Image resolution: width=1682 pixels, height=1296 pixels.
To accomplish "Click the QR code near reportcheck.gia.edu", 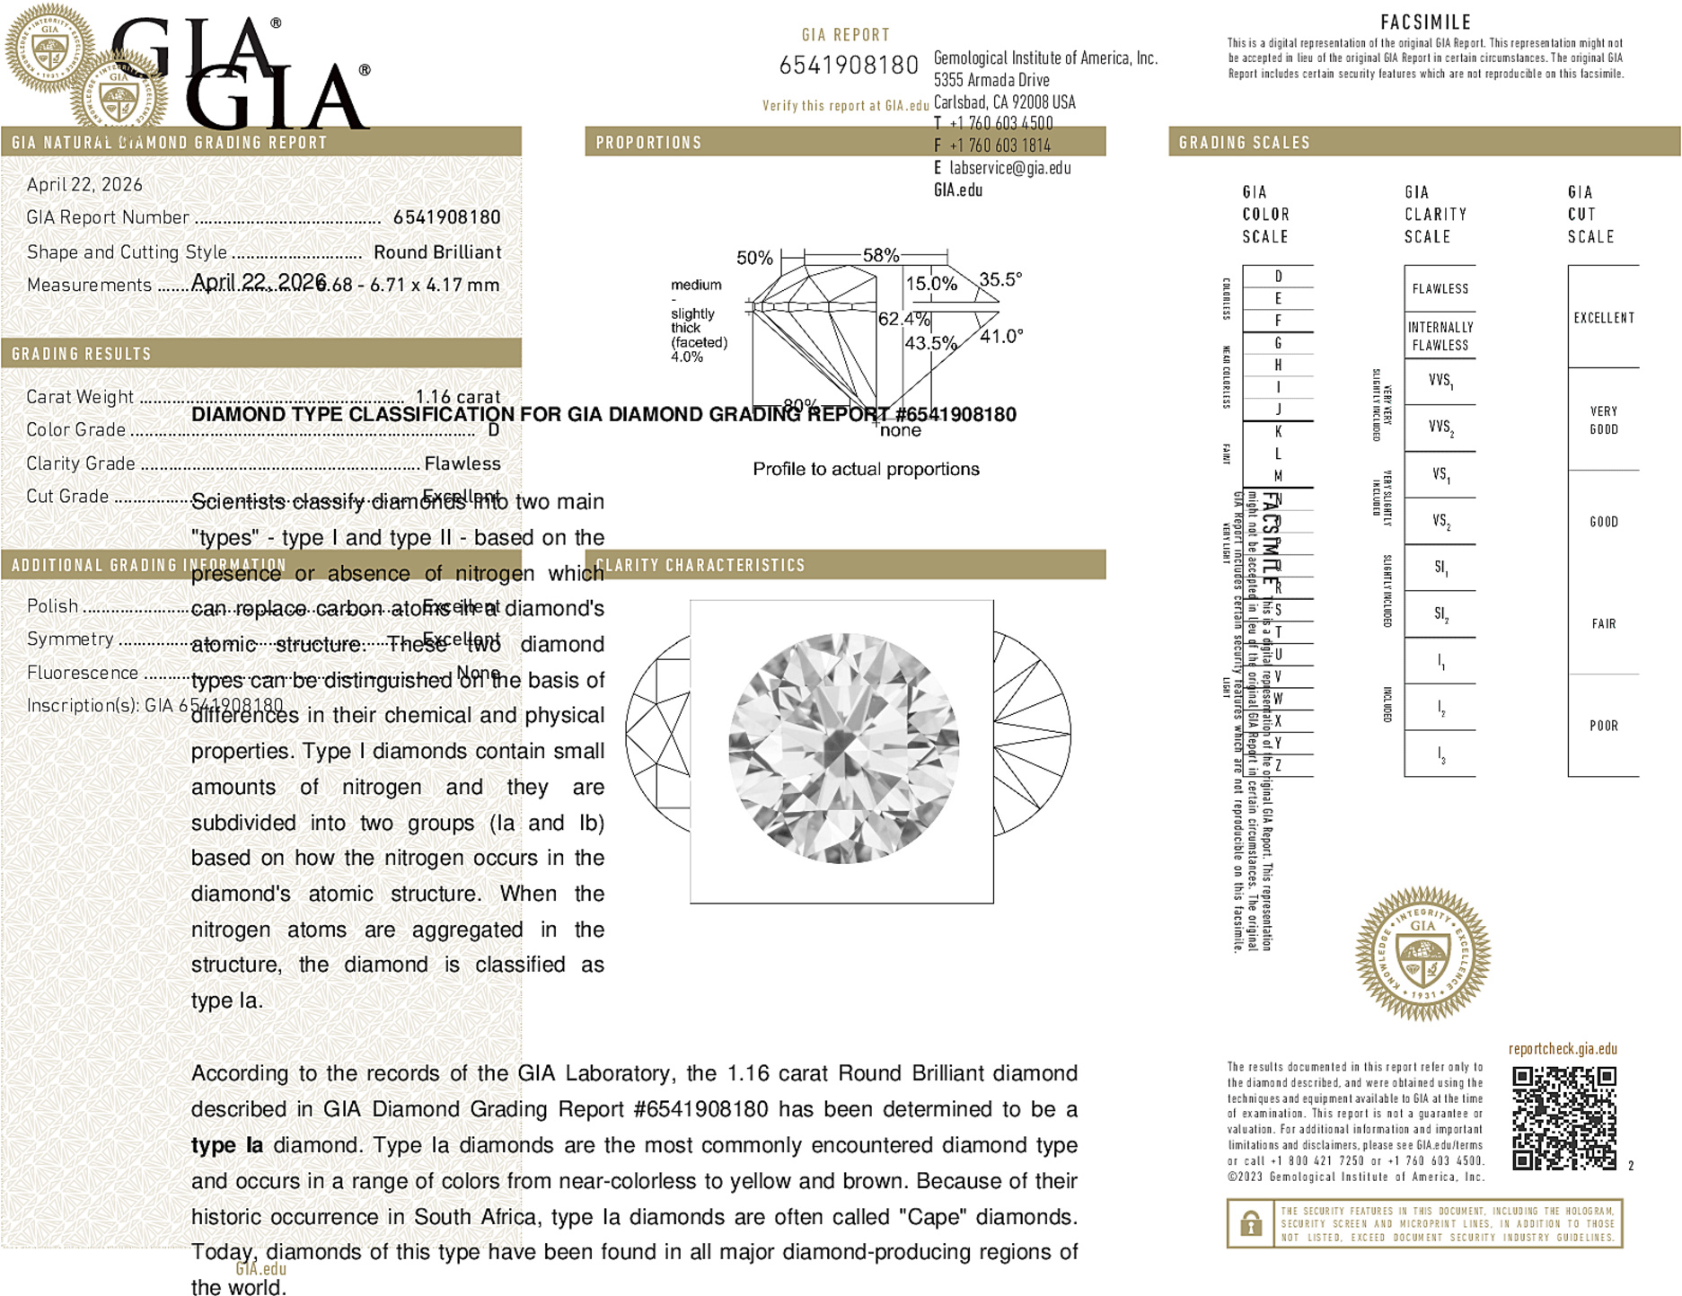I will coord(1563,1117).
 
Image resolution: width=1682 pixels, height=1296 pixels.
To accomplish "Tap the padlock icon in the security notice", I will coord(1250,1223).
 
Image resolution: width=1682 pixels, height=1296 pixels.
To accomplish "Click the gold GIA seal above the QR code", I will coord(1422,954).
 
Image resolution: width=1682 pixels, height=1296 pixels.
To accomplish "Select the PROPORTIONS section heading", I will coord(648,143).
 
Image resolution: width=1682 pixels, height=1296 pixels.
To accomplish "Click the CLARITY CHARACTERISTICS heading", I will coord(700,565).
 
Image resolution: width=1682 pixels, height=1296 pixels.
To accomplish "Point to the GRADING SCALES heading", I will coord(1244,143).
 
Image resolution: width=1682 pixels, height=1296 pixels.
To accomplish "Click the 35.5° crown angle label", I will coord(1000,279).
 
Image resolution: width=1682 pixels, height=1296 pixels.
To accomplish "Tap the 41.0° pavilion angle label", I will coord(1000,336).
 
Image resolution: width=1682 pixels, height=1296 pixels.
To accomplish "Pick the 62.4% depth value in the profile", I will coord(903,319).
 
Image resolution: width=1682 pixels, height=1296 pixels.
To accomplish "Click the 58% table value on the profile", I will coord(880,255).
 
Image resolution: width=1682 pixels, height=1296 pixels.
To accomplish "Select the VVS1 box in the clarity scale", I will coord(1440,381).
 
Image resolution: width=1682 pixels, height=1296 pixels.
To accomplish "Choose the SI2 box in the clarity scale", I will coord(1440,614).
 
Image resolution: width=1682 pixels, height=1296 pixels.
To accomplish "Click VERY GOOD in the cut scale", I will coord(1603,419).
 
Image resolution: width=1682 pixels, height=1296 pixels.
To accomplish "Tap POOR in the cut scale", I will coord(1603,726).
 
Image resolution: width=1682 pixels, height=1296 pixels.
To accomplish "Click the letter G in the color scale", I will coord(1278,343).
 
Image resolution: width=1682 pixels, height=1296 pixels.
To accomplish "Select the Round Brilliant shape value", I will coord(437,252).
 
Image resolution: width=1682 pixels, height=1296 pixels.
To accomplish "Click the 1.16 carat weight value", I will coord(457,396).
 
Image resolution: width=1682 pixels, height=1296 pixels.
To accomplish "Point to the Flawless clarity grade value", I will coord(462,463).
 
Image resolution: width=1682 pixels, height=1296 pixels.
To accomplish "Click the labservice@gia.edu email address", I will coord(1009,168).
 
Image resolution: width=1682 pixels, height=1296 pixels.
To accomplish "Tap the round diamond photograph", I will coord(842,749).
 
